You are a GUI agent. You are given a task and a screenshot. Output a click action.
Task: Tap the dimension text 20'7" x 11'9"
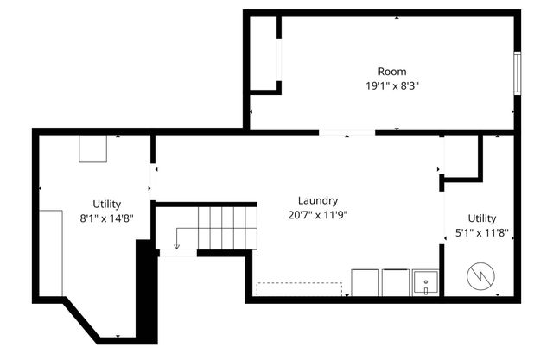click(317, 214)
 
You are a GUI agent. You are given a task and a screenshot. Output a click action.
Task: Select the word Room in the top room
click(391, 72)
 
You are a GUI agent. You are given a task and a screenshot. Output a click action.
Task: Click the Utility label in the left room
click(107, 204)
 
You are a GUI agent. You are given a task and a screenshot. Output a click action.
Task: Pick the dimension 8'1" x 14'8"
click(107, 218)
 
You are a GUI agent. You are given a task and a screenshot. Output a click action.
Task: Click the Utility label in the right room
click(482, 218)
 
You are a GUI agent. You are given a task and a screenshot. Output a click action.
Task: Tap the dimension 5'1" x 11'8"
click(482, 232)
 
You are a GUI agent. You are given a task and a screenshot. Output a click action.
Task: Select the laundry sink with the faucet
click(425, 282)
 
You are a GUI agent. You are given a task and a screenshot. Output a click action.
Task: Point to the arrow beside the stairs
click(178, 237)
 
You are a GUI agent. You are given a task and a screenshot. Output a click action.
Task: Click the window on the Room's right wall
click(517, 73)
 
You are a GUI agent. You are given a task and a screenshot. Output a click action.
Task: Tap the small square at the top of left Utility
click(93, 148)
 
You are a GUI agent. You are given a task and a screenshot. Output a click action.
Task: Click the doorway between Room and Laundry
click(346, 133)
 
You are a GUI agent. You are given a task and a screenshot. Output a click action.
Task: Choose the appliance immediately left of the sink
click(396, 282)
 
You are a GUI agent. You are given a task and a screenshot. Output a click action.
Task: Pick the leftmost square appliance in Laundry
click(365, 282)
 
